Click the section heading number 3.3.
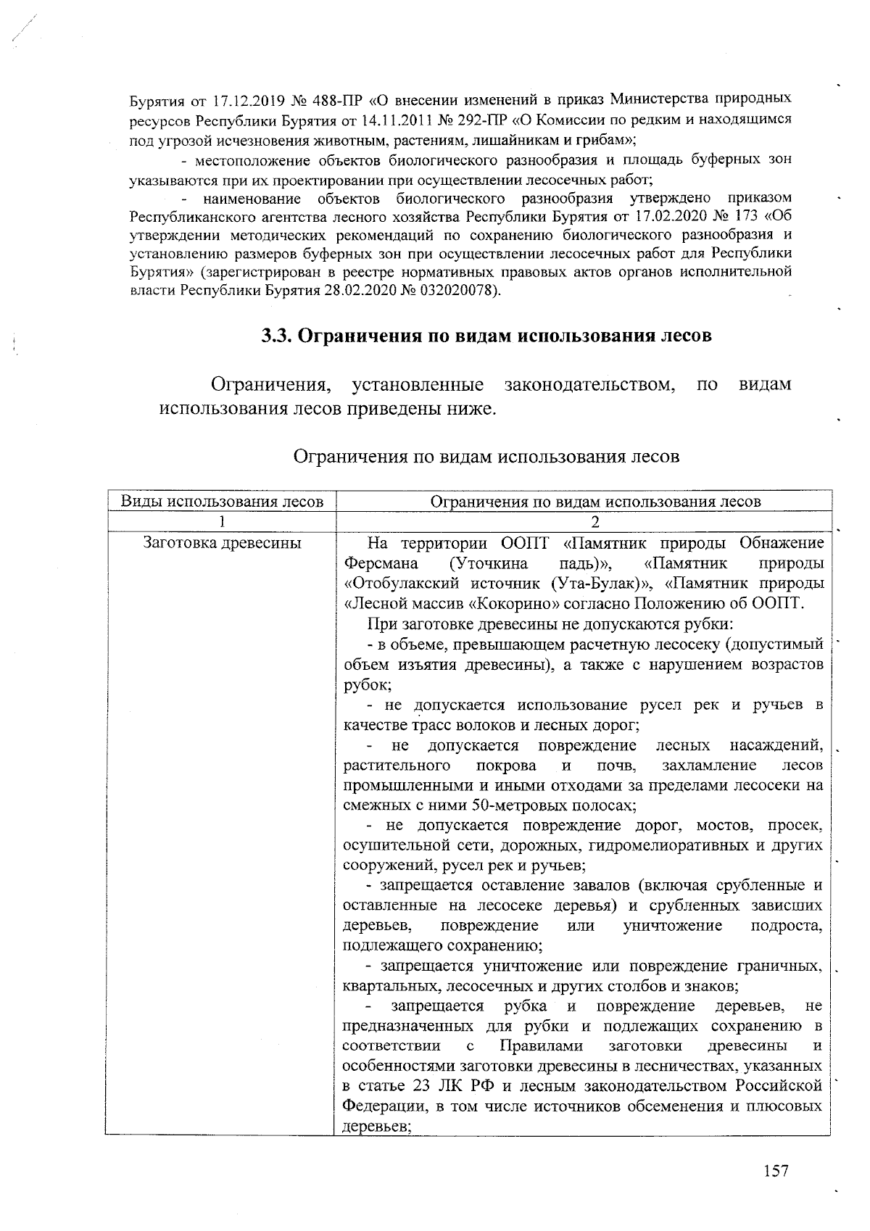pyautogui.click(x=277, y=336)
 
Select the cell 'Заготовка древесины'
pyautogui.click(x=223, y=543)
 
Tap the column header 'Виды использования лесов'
pyautogui.click(x=222, y=501)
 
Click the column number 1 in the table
pyautogui.click(x=222, y=522)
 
